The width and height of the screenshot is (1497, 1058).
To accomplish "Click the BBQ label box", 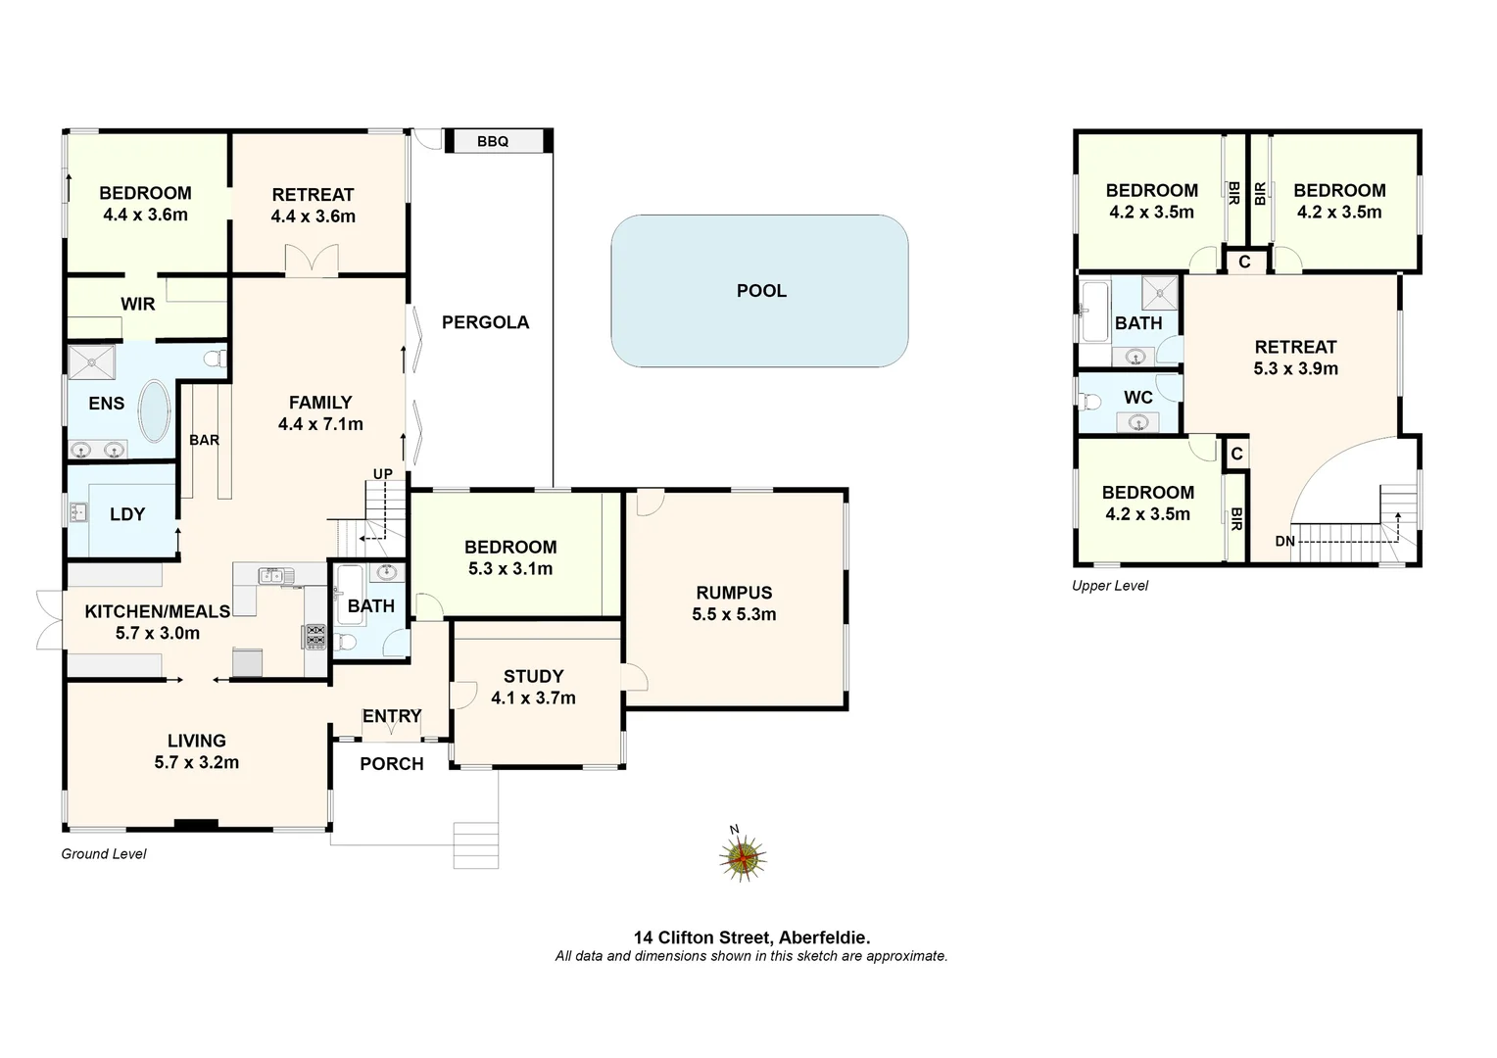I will click(494, 141).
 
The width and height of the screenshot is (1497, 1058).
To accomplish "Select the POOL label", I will click(761, 291).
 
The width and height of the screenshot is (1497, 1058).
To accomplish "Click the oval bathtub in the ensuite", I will click(154, 409).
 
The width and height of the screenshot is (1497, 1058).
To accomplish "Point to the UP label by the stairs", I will click(382, 474).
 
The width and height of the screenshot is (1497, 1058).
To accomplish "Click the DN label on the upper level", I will click(1284, 541).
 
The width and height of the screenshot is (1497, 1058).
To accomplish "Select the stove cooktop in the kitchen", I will click(315, 636).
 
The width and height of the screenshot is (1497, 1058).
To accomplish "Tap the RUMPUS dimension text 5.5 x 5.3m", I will click(734, 614).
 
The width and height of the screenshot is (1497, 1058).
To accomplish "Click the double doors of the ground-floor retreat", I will click(312, 260).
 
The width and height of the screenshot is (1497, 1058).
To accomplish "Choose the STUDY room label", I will click(533, 676).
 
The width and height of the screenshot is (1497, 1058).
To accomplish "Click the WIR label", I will click(137, 304).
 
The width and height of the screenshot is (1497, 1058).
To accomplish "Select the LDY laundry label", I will click(127, 514).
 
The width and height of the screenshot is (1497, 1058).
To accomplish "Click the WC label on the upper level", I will click(1137, 398).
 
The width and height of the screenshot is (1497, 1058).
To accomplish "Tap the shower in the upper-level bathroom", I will click(1162, 292).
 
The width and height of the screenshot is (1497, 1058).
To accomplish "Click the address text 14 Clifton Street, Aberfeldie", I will click(751, 938).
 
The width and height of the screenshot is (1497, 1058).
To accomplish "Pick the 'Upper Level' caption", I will click(1110, 586).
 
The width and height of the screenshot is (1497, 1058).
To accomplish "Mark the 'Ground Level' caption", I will click(104, 854).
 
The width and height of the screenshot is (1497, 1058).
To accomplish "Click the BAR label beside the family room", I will click(204, 440).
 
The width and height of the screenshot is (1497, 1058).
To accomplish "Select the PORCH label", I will click(391, 763).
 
